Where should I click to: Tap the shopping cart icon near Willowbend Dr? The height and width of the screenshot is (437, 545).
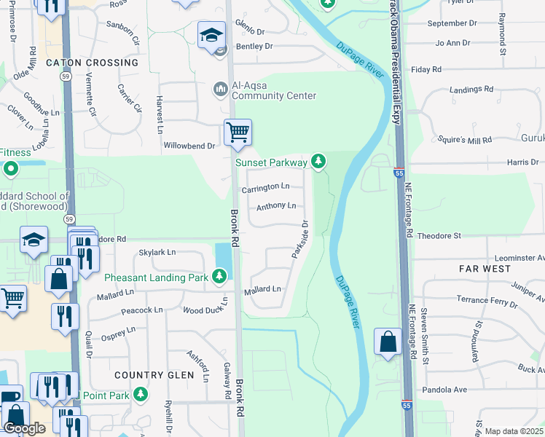[238, 133]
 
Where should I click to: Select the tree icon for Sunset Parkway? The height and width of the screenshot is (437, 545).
[318, 161]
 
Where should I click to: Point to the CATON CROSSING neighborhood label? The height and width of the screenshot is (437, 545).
[92, 63]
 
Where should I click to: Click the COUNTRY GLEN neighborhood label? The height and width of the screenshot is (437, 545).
[154, 375]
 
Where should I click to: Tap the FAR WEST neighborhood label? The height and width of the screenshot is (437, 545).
[485, 269]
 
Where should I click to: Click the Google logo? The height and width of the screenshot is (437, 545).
[25, 428]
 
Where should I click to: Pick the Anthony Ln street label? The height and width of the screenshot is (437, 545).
[275, 206]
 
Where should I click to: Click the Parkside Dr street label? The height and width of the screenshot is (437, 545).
[300, 240]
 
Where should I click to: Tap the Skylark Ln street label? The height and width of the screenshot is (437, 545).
[157, 252]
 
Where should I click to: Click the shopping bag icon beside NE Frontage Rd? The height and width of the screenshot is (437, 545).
[388, 342]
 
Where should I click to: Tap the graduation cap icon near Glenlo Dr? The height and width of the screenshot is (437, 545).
[211, 34]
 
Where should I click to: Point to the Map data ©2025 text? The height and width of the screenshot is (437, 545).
[514, 431]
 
